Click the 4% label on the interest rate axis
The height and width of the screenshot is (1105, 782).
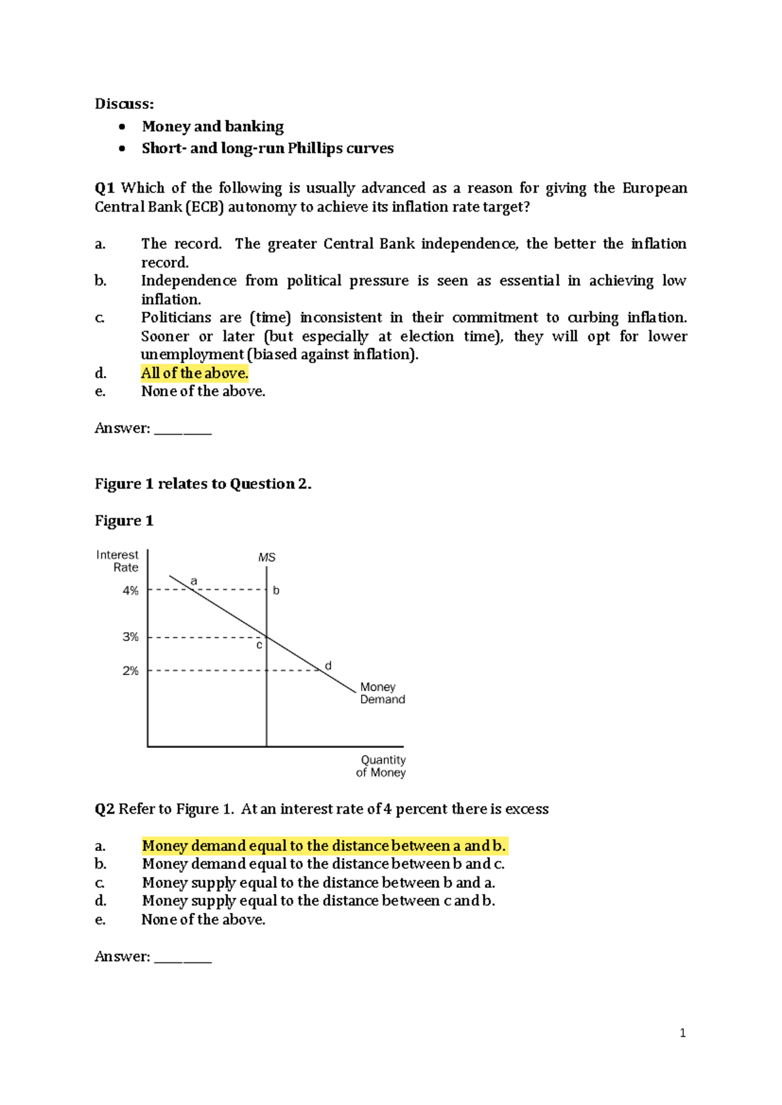(130, 591)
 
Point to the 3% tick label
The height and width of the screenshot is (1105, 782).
(130, 637)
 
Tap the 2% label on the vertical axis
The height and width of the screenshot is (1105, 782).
(130, 670)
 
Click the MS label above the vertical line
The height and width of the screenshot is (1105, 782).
(267, 558)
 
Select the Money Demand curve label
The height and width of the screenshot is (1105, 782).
(383, 693)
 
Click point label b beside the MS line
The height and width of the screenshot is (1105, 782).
(276, 591)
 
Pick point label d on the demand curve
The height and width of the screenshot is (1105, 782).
(328, 666)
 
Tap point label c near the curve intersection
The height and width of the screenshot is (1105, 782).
(259, 645)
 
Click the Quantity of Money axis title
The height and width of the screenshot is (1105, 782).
(382, 766)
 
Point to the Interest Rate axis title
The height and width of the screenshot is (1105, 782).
(117, 561)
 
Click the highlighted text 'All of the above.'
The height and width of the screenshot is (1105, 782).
(195, 373)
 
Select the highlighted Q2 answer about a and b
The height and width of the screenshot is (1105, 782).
(324, 846)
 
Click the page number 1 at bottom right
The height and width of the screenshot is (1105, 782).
(682, 1033)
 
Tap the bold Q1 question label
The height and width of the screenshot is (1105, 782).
(104, 188)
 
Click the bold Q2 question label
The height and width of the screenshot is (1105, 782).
(104, 809)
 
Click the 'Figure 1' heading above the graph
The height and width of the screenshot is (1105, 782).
(124, 521)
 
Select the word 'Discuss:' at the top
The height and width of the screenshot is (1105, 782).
(124, 104)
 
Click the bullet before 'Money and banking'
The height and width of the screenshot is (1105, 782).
(122, 127)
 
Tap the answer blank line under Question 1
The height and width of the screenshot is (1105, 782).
(183, 431)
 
